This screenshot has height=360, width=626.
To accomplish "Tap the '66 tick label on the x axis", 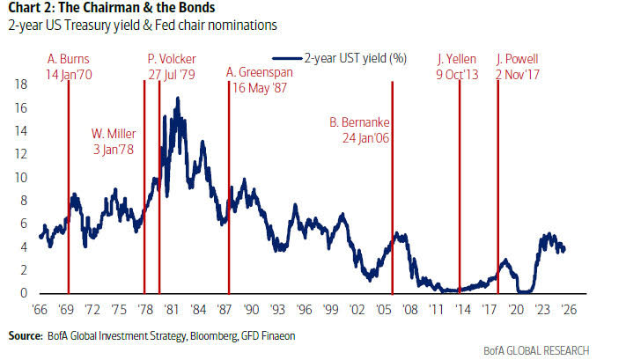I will coord(40,310).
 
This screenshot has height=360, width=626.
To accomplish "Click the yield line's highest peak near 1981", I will coord(178,99).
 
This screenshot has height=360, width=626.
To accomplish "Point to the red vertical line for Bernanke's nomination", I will coord(393,220).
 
